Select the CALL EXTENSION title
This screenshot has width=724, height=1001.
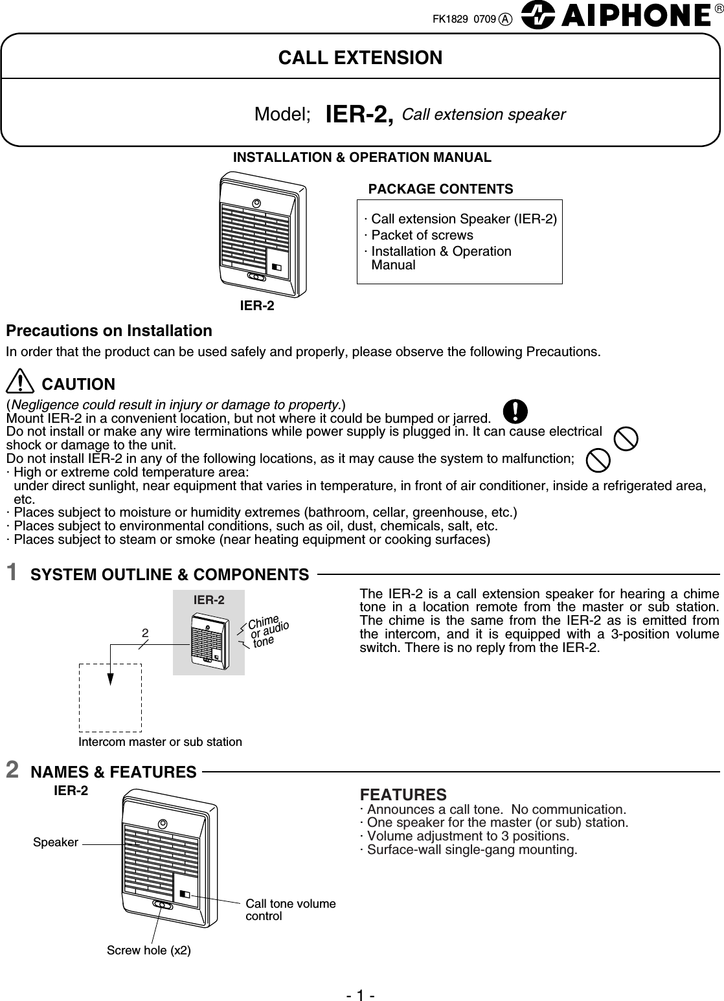[360, 58]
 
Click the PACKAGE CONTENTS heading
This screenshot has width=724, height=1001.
[440, 189]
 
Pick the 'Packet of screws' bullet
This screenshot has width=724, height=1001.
[420, 235]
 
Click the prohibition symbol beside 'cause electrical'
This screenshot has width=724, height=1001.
[625, 438]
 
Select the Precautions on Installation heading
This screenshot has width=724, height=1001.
[109, 331]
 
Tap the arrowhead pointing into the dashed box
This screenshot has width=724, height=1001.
[111, 678]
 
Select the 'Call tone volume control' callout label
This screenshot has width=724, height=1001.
[290, 910]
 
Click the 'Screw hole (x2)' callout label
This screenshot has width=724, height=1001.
[148, 950]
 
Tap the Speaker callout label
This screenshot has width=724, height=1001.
[56, 842]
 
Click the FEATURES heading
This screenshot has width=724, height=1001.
[403, 794]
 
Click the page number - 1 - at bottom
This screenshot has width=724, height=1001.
[361, 990]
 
